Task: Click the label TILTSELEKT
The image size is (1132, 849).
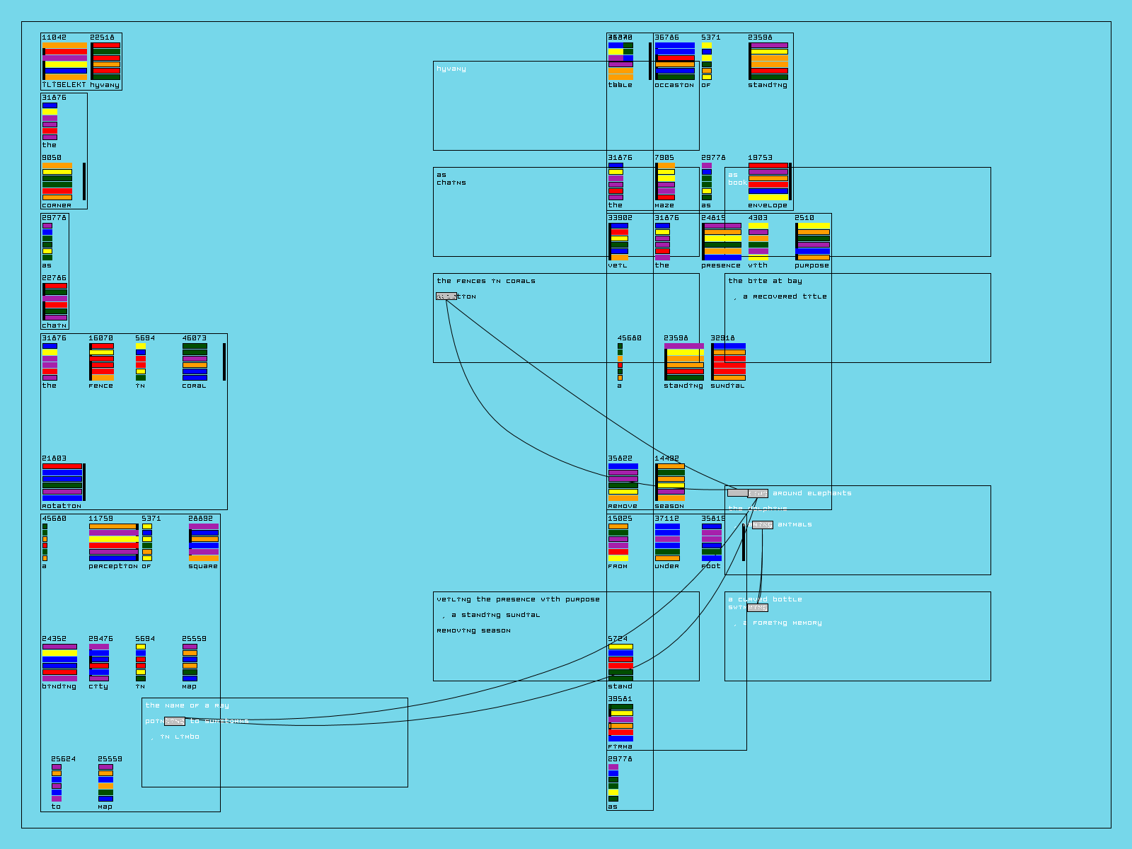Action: pyautogui.click(x=64, y=85)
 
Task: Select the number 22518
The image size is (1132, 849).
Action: pyautogui.click(x=102, y=37)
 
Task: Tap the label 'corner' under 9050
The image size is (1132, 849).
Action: pyautogui.click(x=57, y=205)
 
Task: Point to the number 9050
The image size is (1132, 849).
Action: pyautogui.click(x=52, y=158)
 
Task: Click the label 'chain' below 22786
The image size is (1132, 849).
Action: pyautogui.click(x=54, y=325)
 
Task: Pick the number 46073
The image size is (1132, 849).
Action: pyautogui.click(x=195, y=338)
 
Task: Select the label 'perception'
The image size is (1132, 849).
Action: pyautogui.click(x=113, y=566)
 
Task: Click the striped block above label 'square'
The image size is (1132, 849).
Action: pyautogui.click(x=204, y=543)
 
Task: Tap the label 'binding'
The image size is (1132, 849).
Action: pyautogui.click(x=59, y=686)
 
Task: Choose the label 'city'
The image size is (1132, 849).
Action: pyautogui.click(x=98, y=686)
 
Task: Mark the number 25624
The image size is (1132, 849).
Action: pyautogui.click(x=63, y=759)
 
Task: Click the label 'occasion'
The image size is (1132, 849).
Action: pyautogui.click(x=674, y=85)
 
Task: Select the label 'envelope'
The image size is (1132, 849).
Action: pyautogui.click(x=768, y=205)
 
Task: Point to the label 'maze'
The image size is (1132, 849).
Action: pyautogui.click(x=664, y=205)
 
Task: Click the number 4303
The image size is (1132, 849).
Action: pyautogui.click(x=758, y=218)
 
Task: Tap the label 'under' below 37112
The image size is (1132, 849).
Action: pyautogui.click(x=666, y=566)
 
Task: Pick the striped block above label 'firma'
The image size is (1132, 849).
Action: pyautogui.click(x=620, y=722)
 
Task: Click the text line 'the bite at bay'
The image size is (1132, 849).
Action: pyautogui.click(x=766, y=281)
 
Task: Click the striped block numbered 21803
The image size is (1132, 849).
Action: pyautogui.click(x=62, y=482)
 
